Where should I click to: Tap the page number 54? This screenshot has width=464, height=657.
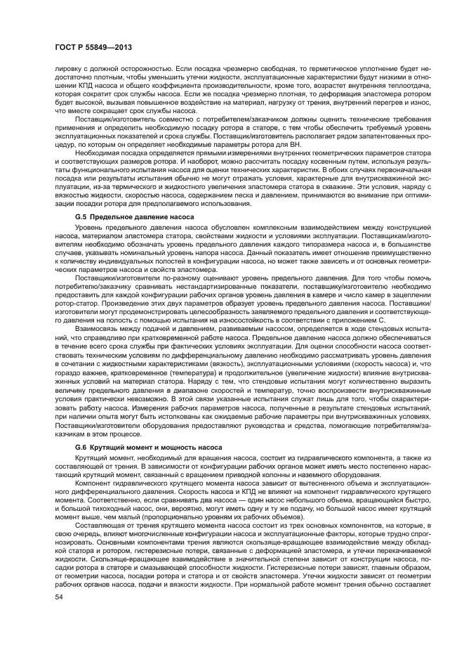click(58, 616)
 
